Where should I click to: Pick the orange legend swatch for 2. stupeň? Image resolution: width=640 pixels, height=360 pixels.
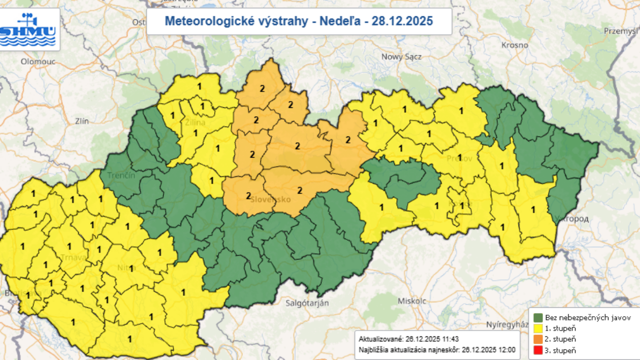coord(538,339)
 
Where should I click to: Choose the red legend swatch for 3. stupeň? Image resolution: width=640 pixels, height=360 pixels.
coord(538,350)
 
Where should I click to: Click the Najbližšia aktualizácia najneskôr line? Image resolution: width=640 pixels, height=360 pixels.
coord(437,350)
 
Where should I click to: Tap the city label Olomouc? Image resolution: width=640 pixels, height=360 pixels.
coord(37,62)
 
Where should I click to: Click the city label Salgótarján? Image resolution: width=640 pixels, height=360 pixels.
coord(307,303)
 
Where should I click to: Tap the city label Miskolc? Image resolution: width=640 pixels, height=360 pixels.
coord(412,301)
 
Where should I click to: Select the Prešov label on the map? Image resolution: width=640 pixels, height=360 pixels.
coord(460,159)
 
